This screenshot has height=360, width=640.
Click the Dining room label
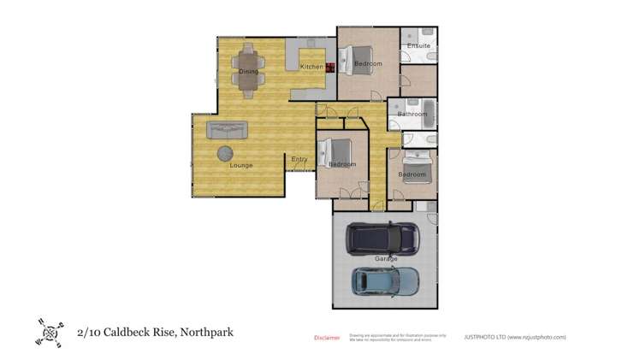[248, 72]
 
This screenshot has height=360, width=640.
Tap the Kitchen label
[311, 67]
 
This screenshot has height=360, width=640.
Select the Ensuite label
[418, 45]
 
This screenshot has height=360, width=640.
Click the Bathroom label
[412, 114]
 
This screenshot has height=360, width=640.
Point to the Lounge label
[240, 165]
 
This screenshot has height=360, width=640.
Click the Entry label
[299, 159]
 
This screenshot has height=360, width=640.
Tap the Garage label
[386, 258]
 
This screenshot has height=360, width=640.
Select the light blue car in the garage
[386, 281]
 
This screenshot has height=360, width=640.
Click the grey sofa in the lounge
[228, 130]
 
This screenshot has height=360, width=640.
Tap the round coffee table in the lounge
[224, 153]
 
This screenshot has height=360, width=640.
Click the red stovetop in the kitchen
[329, 67]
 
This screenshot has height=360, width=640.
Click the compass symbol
[48, 332]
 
